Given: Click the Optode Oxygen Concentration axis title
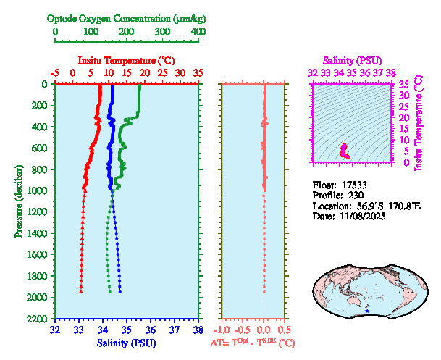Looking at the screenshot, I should tap(127, 17).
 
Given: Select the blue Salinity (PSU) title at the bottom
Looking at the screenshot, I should tap(127, 343).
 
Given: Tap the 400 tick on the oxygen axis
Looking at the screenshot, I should tap(198, 32).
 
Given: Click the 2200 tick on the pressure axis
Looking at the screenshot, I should tap(40, 319).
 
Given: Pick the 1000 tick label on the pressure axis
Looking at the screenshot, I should tap(40, 191).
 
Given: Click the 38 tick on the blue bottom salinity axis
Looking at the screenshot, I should tap(198, 330).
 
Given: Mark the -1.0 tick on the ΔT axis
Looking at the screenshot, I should tap(224, 330).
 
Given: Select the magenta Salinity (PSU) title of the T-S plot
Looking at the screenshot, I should tap(351, 60).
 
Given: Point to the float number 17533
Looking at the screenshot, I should tap(356, 184).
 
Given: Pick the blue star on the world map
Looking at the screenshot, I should tap(367, 311).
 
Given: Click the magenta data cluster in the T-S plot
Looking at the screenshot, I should tap(345, 151).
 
